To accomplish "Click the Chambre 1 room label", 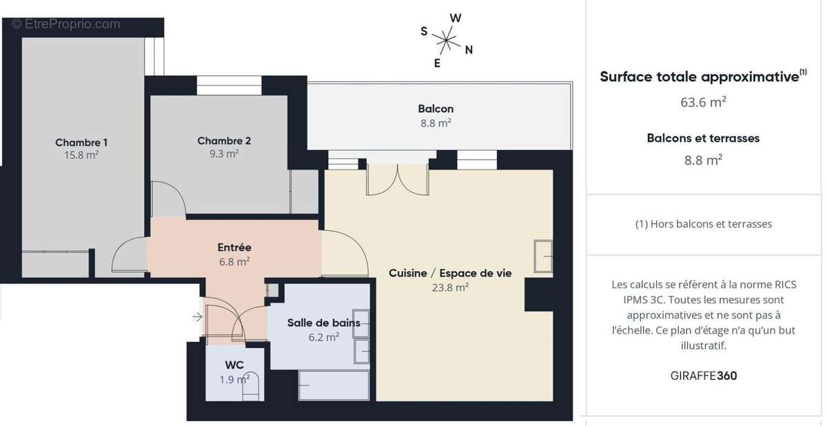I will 81,143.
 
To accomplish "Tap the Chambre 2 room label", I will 224,141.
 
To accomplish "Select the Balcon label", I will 436,109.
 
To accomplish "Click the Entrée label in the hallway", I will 234,247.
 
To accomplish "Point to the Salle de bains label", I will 324,323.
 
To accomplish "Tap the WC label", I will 234,365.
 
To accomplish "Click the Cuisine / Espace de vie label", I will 450,273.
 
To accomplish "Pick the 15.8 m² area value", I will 81,156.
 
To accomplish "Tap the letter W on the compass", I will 456,17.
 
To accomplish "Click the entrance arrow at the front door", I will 197,317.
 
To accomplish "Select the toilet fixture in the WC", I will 252,386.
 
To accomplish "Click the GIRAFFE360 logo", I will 704,376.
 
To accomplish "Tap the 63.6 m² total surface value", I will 703,102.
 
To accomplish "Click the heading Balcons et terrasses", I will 703,138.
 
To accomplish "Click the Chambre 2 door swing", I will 167,200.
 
